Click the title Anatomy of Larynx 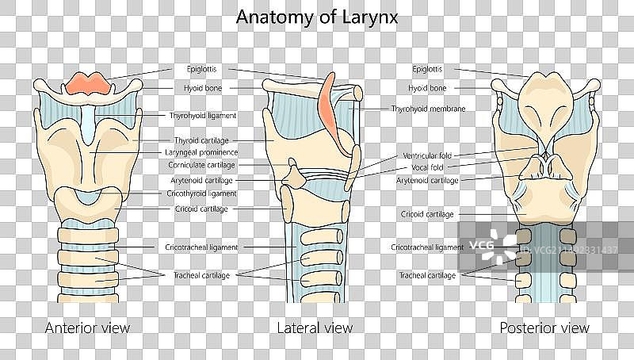coord(317,17)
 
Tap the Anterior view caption coord(88,327)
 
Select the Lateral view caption coord(315,327)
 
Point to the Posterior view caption coord(544,327)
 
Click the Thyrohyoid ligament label coord(203,115)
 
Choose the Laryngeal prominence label coord(203,152)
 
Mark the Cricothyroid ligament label coord(202,193)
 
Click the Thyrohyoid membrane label coord(428,109)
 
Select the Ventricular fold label coord(427,155)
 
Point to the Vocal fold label coord(427,167)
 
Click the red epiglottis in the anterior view coord(87,82)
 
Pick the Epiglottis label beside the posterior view coord(427,68)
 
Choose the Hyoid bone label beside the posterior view coord(427,87)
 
